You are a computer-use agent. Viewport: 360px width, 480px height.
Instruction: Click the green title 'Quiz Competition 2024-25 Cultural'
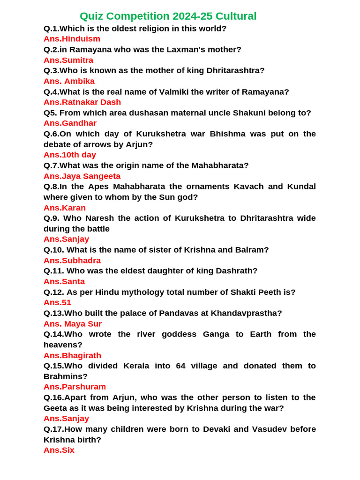[x=168, y=16]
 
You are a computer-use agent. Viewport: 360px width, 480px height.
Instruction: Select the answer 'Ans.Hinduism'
[x=72, y=39]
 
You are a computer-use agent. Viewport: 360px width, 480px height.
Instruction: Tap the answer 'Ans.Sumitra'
[x=68, y=60]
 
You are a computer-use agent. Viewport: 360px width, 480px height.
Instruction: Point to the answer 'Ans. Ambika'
[x=69, y=81]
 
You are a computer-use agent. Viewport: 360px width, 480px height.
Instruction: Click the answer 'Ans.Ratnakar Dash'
[x=82, y=102]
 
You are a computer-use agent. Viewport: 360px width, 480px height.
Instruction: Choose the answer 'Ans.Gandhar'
[x=70, y=123]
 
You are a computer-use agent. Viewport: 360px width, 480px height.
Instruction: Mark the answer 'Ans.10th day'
[x=70, y=155]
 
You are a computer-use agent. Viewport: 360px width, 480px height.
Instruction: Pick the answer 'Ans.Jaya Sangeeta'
[x=82, y=176]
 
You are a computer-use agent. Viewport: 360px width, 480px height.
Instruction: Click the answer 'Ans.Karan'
[x=65, y=208]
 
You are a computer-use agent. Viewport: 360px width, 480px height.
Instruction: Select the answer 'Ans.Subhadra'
[x=72, y=261]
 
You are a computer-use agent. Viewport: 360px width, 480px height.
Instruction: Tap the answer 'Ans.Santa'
[x=64, y=282]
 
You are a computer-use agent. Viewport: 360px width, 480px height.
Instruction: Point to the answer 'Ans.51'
[x=57, y=303]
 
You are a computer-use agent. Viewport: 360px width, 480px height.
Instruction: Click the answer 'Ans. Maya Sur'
[x=73, y=324]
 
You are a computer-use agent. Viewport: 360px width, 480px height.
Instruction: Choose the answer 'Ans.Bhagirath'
[x=72, y=355]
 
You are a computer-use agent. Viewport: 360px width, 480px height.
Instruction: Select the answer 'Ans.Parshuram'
[x=75, y=387]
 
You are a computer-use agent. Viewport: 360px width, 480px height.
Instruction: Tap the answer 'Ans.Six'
[x=59, y=450]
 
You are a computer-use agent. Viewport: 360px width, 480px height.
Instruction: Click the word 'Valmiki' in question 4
[x=171, y=92]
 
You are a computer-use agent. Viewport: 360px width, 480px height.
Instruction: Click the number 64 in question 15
[x=181, y=366]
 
